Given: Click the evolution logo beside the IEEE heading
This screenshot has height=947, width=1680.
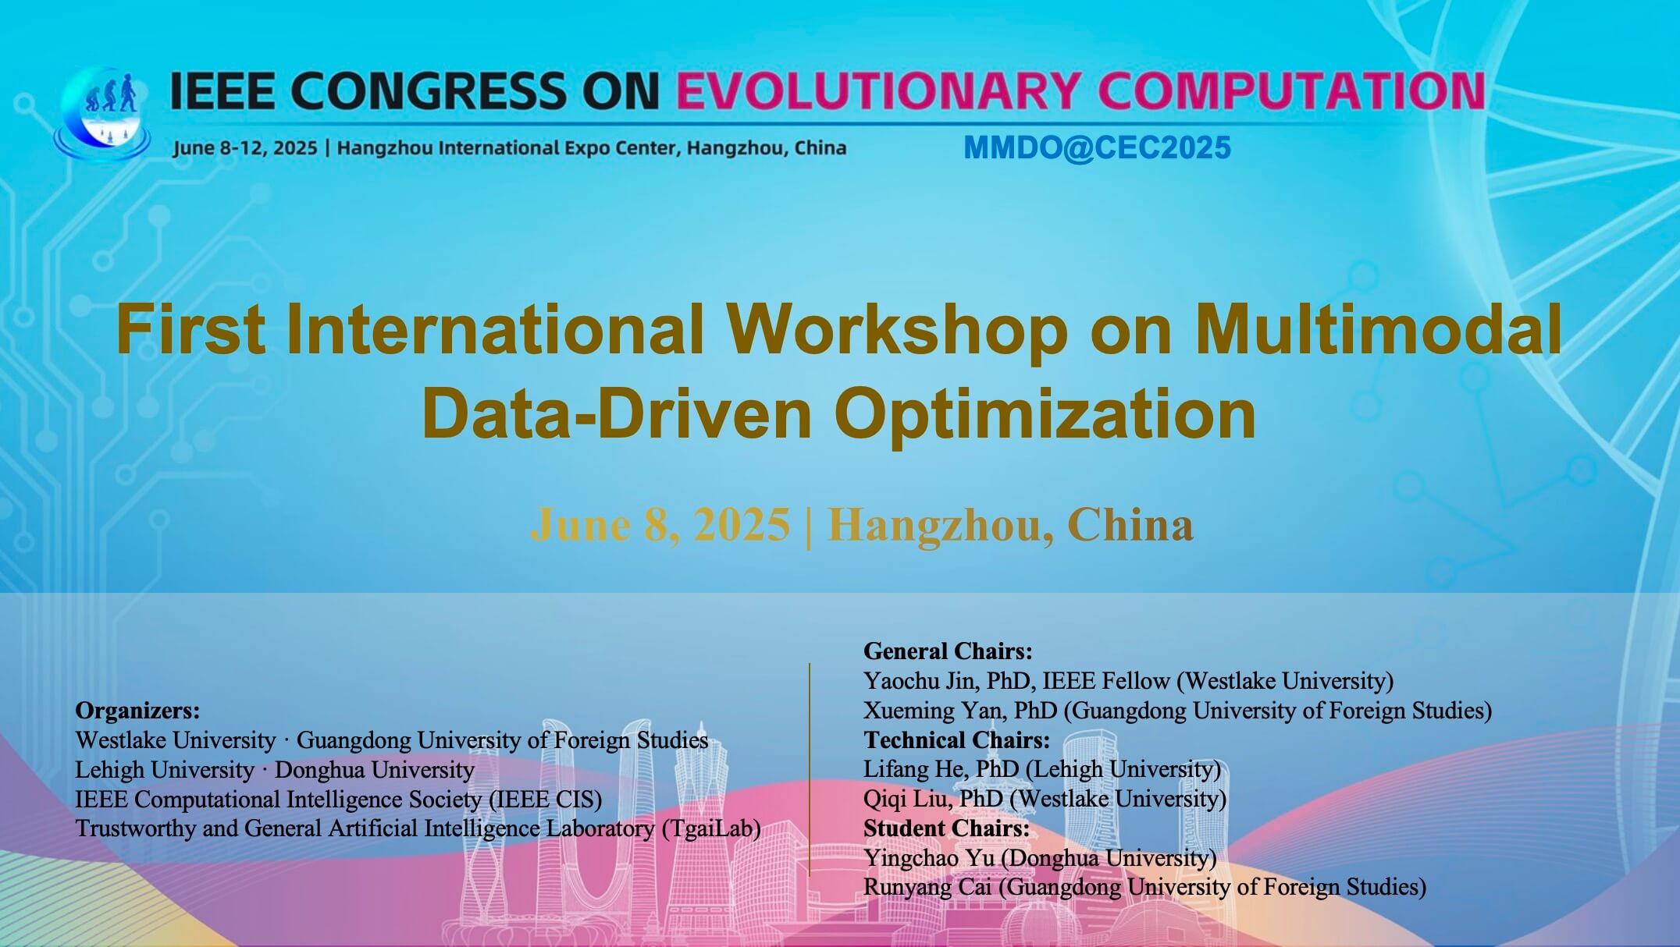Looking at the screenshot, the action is (101, 113).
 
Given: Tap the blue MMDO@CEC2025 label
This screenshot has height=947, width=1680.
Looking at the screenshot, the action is (1097, 147).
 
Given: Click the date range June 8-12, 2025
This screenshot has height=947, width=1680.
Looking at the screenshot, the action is (245, 147).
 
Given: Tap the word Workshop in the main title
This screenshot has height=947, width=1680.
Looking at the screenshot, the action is (898, 330).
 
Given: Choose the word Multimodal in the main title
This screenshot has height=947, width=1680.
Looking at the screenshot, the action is (1378, 330).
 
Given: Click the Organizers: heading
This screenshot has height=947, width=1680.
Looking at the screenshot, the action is (137, 711).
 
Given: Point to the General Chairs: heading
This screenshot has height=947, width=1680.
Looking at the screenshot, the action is (948, 651).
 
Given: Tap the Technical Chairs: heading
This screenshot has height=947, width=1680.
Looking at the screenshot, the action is (956, 740).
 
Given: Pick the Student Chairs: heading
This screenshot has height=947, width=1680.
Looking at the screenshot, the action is (946, 828).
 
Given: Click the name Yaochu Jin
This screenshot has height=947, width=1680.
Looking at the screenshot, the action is (919, 681).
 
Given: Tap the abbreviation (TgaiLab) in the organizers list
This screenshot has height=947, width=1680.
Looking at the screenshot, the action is (711, 828).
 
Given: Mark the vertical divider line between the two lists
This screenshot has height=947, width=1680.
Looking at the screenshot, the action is (810, 769).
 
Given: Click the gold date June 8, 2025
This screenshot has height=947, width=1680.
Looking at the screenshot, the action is (660, 524).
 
